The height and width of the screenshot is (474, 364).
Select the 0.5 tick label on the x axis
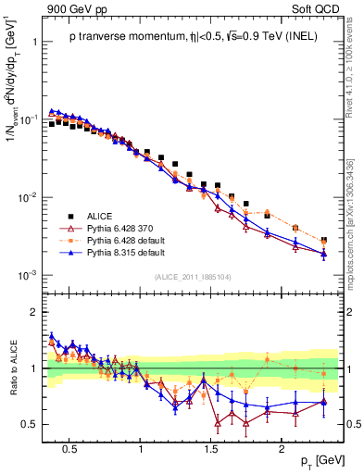(x=69, y=448)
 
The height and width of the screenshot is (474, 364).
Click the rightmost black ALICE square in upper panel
(x=324, y=240)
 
